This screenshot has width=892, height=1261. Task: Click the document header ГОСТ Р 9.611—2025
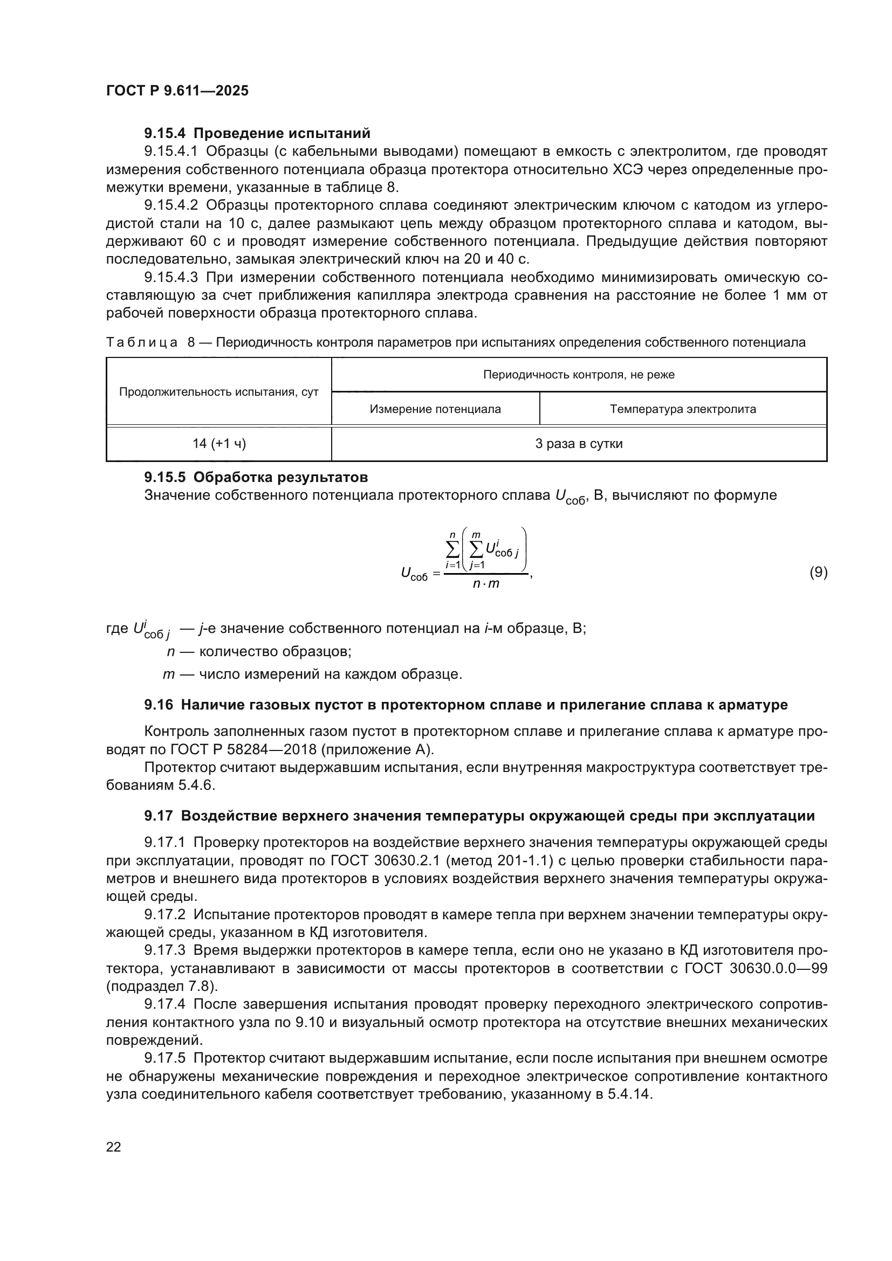177,91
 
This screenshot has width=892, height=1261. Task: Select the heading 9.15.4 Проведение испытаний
257,134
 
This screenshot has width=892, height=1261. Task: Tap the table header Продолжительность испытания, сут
218,392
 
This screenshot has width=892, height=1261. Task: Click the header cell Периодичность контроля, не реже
578,375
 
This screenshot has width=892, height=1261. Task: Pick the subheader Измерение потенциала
435,409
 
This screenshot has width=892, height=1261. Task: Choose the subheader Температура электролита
683,409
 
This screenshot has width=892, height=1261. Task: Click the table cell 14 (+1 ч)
218,444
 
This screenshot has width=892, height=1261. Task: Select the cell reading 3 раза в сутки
578,444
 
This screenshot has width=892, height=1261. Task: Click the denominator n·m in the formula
486,584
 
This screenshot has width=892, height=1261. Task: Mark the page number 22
114,1147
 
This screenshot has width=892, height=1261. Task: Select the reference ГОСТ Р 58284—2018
255,749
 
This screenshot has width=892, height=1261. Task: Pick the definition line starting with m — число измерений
313,674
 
